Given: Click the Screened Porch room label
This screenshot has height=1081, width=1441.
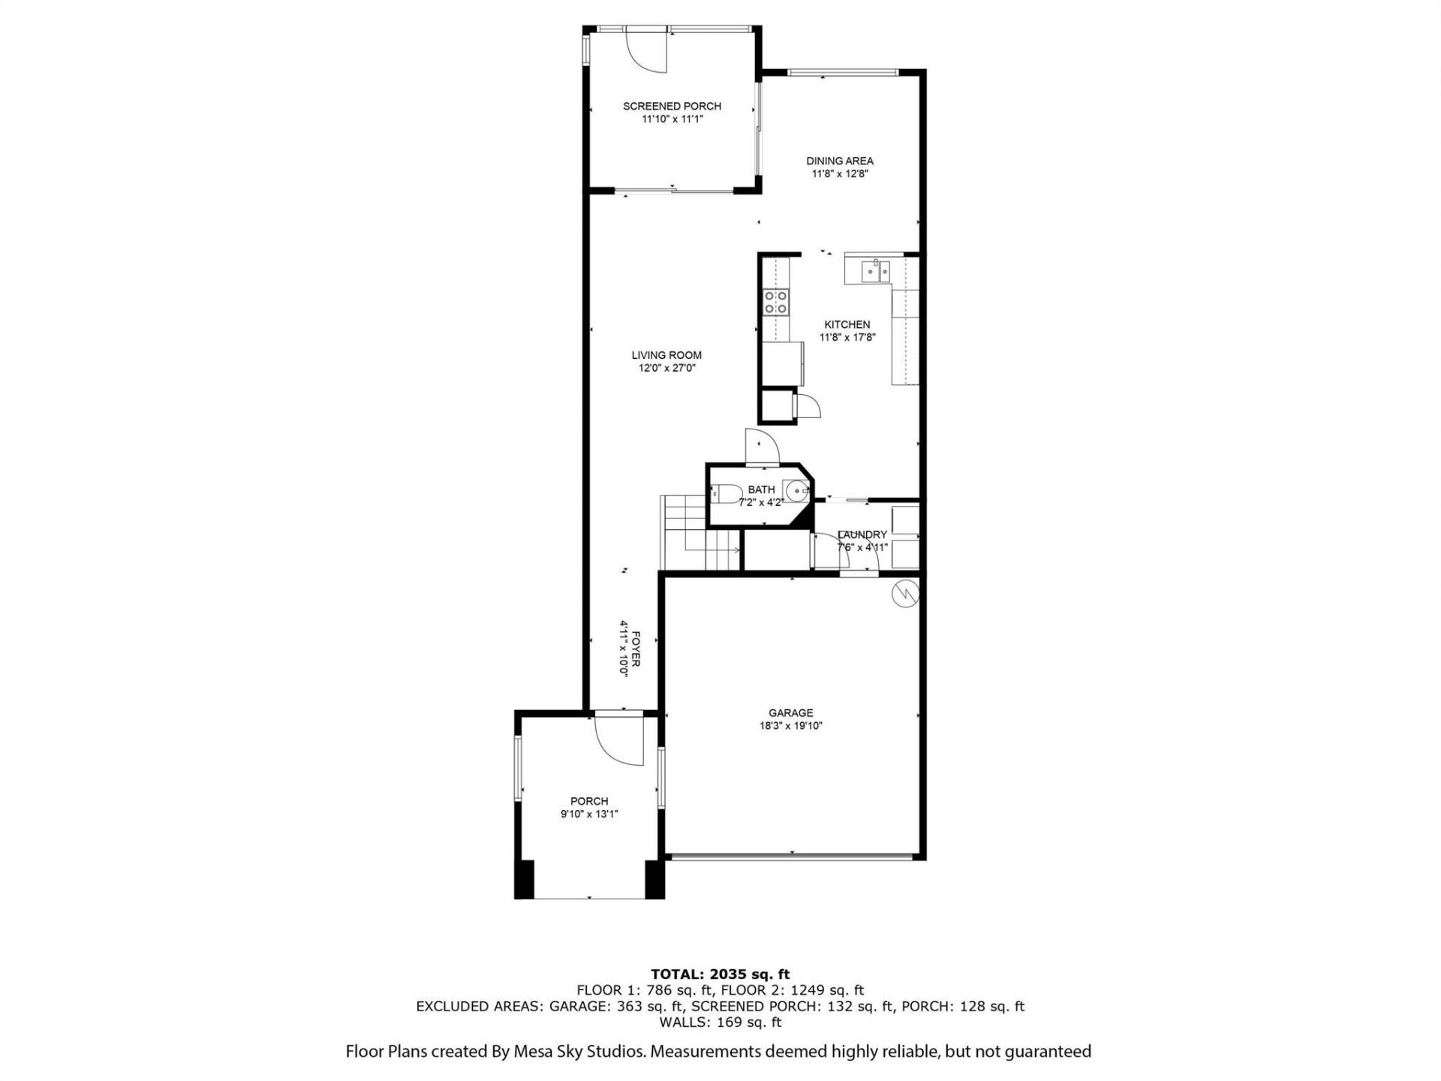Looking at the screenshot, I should click(672, 107).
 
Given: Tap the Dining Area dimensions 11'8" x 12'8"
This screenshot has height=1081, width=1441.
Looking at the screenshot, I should click(840, 173).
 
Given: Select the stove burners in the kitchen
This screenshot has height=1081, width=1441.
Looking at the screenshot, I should click(775, 302).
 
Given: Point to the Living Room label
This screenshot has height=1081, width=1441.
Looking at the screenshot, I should click(666, 355).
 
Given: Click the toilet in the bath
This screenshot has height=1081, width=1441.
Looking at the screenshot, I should click(723, 493).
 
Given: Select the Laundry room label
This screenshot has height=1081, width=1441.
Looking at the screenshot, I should click(862, 534).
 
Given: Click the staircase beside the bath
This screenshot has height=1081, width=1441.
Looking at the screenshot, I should click(687, 534).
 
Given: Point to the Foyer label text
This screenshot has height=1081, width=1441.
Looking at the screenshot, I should click(635, 649).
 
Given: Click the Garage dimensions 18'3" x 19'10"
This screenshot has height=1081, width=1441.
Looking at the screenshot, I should click(790, 726).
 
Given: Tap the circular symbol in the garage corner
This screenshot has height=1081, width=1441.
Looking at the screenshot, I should click(904, 593).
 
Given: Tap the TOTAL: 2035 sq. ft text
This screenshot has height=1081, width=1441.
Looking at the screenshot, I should click(720, 974).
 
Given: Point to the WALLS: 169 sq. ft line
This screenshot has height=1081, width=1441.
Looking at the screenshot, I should click(720, 1022).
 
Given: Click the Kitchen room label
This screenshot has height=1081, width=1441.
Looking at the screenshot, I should click(847, 324).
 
